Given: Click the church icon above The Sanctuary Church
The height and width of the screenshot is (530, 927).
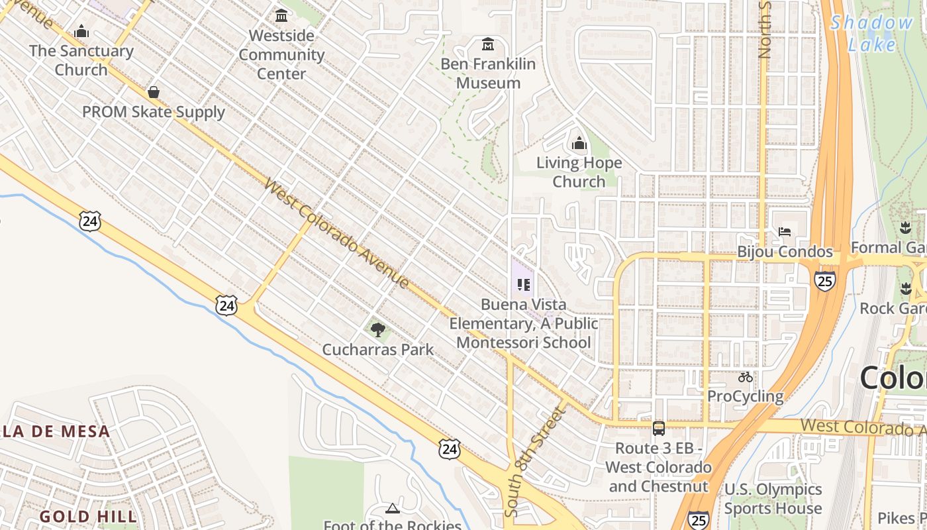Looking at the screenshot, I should [81, 31].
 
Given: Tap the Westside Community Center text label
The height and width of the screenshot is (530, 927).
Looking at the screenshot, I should [281, 55].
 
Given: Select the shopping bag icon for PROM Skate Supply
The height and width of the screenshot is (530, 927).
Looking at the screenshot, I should [154, 92].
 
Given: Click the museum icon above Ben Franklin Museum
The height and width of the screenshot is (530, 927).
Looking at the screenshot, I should [489, 44].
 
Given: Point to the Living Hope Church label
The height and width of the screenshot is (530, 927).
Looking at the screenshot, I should [579, 172].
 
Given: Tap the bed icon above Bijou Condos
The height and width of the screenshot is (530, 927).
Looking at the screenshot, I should [785, 232].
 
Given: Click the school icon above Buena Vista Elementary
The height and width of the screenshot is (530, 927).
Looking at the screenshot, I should [524, 285].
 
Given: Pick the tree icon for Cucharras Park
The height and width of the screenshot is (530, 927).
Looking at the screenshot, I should [378, 329].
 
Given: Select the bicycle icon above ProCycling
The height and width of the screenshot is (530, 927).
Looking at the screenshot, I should [746, 377].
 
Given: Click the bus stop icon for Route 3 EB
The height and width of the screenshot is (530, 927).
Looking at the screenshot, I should [659, 428].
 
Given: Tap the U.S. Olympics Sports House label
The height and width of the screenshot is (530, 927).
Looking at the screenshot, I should [773, 499].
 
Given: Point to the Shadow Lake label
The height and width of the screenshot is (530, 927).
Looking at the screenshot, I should [872, 33].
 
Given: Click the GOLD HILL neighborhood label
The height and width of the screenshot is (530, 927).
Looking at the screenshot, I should [88, 516].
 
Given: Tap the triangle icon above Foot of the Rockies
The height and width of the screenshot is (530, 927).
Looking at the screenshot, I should [393, 508].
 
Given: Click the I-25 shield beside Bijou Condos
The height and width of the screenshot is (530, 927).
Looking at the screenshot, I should [825, 280].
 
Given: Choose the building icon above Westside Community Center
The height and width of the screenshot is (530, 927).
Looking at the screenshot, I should [281, 15].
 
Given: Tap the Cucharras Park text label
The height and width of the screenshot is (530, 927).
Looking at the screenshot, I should [378, 349].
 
